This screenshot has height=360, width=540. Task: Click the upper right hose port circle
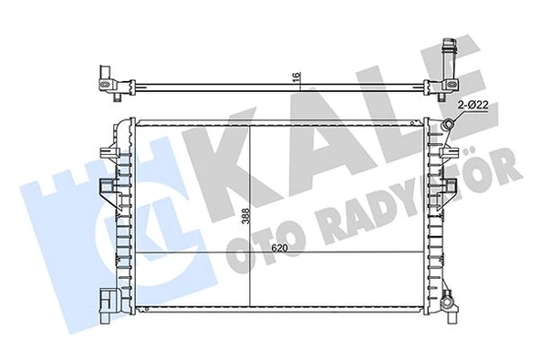click(450, 124)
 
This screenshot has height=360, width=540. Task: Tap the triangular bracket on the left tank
click(108, 190)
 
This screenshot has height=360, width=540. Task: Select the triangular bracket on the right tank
click(450, 189)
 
